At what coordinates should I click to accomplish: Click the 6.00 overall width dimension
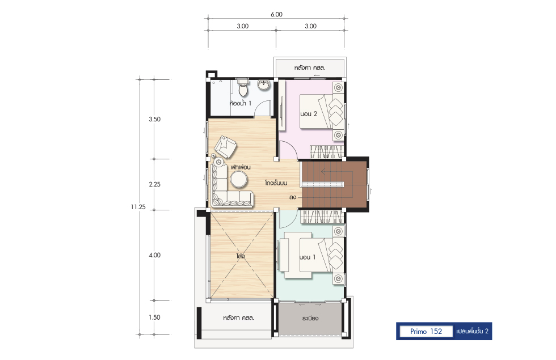276,15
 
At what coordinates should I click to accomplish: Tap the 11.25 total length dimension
138,207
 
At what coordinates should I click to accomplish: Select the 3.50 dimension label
154,120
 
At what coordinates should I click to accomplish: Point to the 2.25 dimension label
154,184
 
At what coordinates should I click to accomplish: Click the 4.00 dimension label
154,255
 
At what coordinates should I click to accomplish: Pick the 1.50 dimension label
154,317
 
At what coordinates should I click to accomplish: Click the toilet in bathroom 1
243,87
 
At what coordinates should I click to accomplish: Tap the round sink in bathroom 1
263,84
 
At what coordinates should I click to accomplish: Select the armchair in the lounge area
225,146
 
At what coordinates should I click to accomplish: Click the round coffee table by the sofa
239,179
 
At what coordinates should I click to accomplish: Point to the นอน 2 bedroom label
309,114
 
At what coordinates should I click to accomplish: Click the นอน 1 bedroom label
307,257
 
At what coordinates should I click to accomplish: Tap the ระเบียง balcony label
310,318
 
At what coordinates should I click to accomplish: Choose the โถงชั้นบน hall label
276,183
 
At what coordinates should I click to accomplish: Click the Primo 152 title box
426,331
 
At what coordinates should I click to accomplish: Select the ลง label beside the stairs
293,197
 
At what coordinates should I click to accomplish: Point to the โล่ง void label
241,256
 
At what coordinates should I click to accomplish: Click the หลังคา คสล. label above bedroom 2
310,67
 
